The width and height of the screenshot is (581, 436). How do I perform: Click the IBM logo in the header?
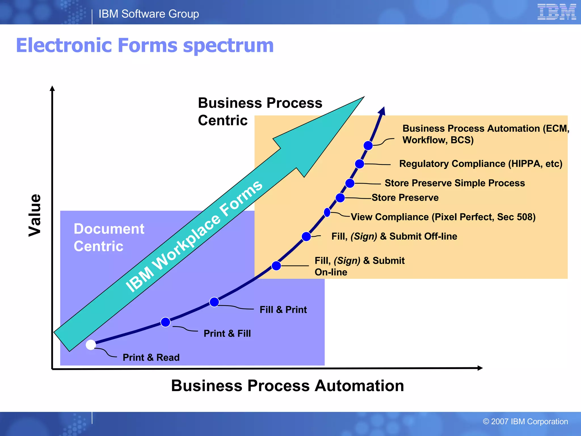tap(556, 12)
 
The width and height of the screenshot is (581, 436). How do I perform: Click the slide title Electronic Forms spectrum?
tap(145, 45)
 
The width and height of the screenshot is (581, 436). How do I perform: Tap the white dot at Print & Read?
tap(91, 345)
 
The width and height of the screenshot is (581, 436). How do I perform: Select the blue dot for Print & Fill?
tap(165, 322)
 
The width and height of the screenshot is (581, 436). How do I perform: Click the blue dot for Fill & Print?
tap(214, 302)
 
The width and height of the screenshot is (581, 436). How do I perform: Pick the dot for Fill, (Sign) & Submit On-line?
tap(276, 266)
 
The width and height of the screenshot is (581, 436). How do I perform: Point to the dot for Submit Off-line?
tap(306, 236)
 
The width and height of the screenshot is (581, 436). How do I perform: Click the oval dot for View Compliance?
tap(327, 212)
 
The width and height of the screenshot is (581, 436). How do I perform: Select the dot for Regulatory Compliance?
tap(359, 164)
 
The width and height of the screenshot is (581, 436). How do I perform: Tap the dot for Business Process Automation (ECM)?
tap(368, 145)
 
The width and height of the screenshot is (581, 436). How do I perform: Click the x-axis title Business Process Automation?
tap(287, 386)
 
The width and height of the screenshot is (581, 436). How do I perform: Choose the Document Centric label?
tap(109, 237)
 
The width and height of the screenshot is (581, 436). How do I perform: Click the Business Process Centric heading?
tap(260, 112)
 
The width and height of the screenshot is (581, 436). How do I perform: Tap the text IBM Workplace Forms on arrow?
tap(194, 236)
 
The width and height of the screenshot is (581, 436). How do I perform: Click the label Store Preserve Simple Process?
tap(454, 183)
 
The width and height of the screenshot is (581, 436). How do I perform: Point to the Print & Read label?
tap(151, 357)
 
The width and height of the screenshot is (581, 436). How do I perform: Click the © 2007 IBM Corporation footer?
tap(525, 422)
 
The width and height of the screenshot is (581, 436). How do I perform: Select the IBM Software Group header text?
tap(149, 14)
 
